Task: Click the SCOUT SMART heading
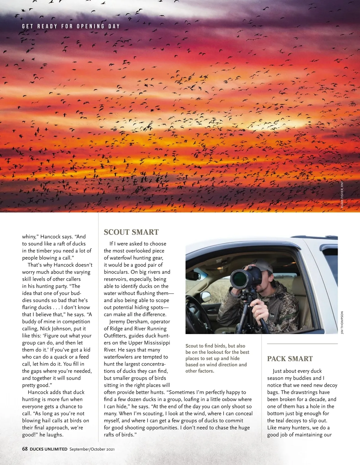click(131, 232)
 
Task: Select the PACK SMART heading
click(290, 359)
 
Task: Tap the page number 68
click(25, 449)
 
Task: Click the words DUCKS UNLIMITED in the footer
click(49, 449)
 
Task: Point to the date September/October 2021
click(92, 449)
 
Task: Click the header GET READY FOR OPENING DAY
click(71, 26)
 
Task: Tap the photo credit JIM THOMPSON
click(342, 323)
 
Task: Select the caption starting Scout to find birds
click(217, 358)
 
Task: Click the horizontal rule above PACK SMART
click(302, 344)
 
